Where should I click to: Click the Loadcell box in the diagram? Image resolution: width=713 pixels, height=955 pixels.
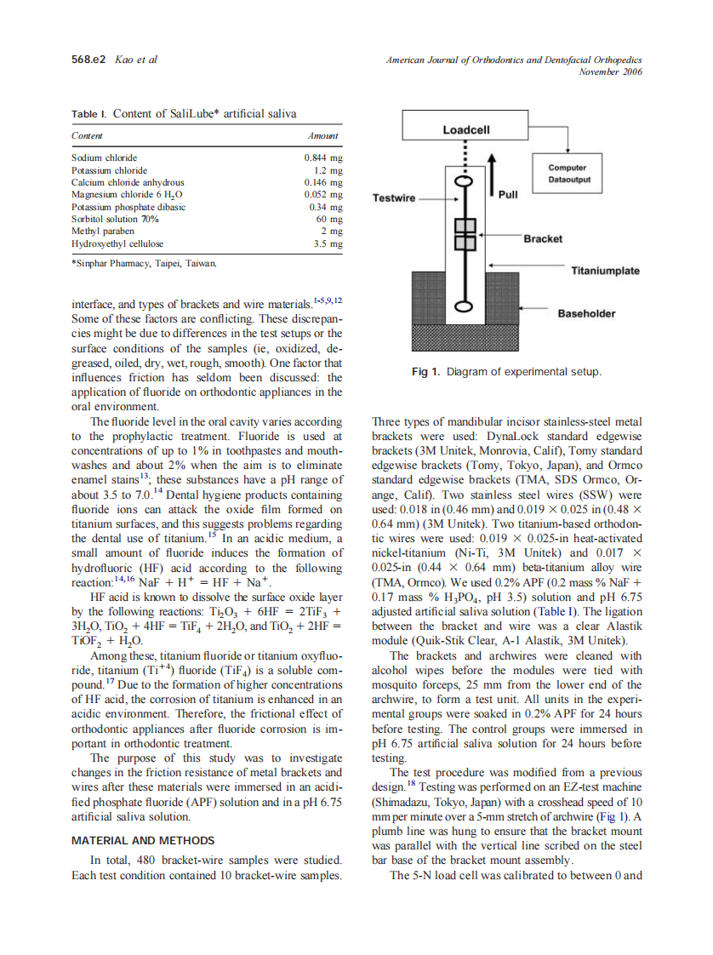point(466,129)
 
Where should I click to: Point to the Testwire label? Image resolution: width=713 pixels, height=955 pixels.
point(394,198)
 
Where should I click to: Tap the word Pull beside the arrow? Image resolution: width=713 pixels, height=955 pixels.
point(507,194)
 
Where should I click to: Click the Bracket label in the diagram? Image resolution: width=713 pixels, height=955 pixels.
point(542,238)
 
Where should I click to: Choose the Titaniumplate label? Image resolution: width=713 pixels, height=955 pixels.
point(605,271)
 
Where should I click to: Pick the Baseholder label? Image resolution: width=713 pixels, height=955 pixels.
point(586,313)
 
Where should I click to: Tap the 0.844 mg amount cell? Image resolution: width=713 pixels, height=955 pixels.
point(323,157)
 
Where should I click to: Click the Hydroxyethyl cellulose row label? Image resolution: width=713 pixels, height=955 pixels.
point(117,243)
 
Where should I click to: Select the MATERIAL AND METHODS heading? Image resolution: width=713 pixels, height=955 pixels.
point(136,840)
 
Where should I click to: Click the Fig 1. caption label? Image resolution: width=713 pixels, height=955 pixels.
point(426,372)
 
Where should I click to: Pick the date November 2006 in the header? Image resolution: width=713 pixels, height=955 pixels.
point(609,71)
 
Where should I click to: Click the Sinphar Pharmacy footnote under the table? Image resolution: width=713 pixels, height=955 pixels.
point(144,264)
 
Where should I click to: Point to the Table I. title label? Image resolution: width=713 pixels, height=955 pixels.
point(89,113)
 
